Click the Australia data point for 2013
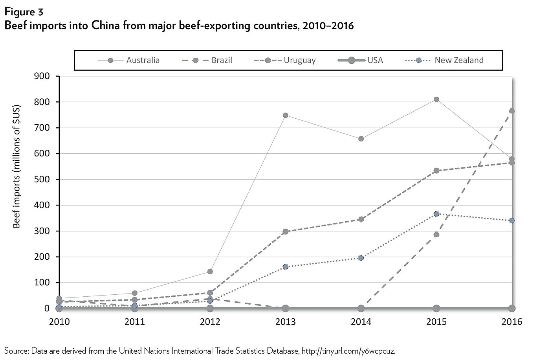pyautogui.click(x=286, y=115)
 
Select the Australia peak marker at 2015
pyautogui.click(x=436, y=99)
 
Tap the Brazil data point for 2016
pyautogui.click(x=511, y=111)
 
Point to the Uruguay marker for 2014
pyautogui.click(x=361, y=219)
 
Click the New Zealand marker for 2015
pyautogui.click(x=436, y=214)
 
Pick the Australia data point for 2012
pyautogui.click(x=210, y=272)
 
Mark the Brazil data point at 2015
pyautogui.click(x=436, y=235)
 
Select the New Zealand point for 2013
pyautogui.click(x=286, y=267)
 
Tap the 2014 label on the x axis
pyautogui.click(x=361, y=322)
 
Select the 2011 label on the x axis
pyautogui.click(x=135, y=322)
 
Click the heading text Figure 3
pyautogui.click(x=24, y=12)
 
